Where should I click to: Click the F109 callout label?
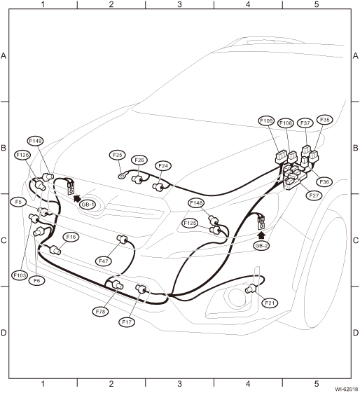(266, 120)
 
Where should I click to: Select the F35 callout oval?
(325, 120)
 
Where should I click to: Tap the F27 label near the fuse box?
(314, 195)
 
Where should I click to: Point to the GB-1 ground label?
(88, 205)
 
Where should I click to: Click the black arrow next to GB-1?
(77, 198)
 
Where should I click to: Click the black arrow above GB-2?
(261, 235)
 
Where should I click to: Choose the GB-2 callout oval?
(261, 246)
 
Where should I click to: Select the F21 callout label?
(270, 303)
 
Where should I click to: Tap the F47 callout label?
(103, 261)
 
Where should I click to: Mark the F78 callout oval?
(100, 312)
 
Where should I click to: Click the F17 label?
(127, 322)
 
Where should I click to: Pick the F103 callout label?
(20, 275)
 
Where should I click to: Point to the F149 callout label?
(35, 141)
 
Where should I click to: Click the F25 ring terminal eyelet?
(122, 177)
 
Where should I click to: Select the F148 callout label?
(196, 202)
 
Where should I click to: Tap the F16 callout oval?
(71, 237)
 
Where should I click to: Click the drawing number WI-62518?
(347, 389)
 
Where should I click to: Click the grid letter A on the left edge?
(4, 55)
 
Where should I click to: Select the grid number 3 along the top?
(179, 4)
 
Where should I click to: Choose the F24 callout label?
(163, 165)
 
